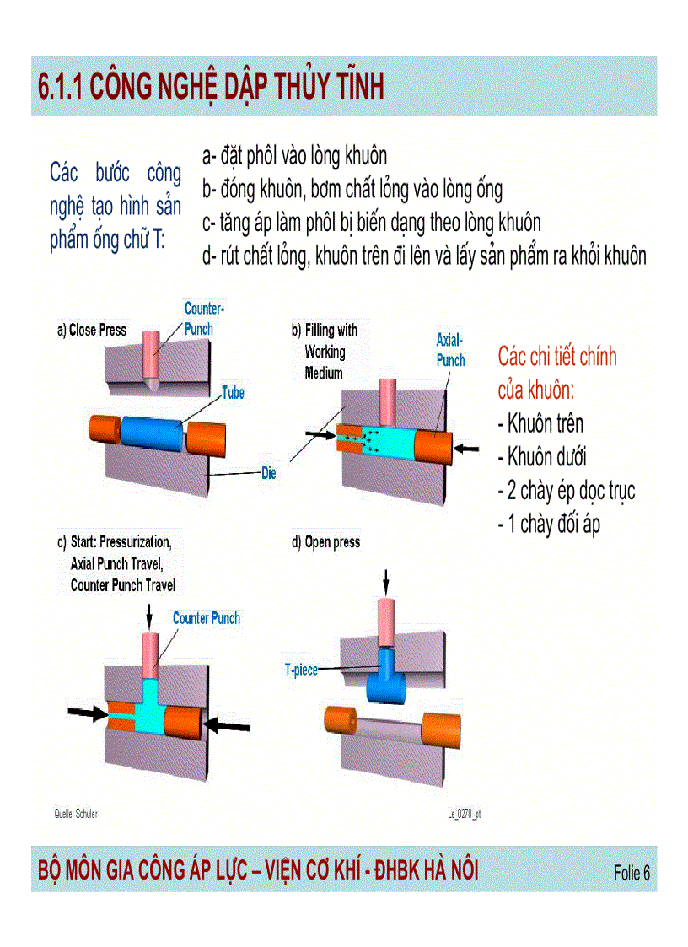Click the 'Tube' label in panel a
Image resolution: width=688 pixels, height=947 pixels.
coord(234,392)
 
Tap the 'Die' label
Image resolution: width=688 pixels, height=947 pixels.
coord(268,474)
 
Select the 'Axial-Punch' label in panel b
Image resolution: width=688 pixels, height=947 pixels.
coord(450,350)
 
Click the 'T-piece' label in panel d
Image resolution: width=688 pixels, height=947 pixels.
coord(301,670)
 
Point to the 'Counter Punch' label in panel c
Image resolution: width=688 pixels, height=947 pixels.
coord(207,618)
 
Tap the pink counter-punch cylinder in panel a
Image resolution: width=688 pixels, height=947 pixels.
coord(152,353)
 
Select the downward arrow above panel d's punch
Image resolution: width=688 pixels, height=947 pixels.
coord(386,581)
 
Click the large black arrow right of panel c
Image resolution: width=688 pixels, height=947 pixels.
coord(229,724)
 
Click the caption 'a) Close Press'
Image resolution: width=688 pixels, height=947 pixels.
coord(91,331)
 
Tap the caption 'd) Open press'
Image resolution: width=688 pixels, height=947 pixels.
coord(325,542)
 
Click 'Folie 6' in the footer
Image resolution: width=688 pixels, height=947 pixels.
coord(632,873)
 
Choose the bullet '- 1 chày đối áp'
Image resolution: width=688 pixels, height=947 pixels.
coord(549,525)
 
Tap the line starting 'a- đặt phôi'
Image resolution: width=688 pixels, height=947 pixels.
coord(294,156)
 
